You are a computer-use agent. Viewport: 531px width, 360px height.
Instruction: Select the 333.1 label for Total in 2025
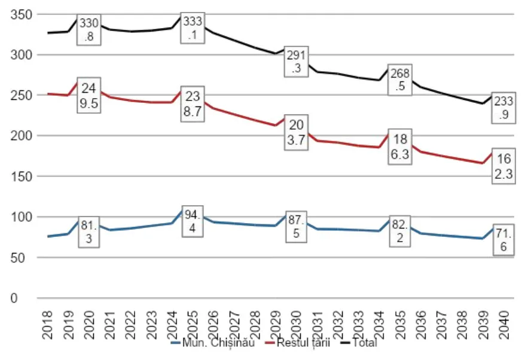point(193,28)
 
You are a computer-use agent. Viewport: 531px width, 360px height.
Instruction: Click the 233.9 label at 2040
point(504,108)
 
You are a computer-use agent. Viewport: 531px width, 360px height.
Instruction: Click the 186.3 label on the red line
point(399,146)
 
